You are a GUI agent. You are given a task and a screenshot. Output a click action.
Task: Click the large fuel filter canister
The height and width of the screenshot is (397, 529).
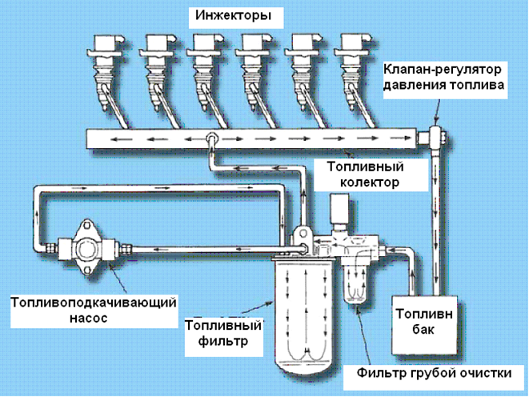click(305, 312)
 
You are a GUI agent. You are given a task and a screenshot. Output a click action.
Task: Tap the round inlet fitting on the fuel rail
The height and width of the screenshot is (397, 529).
click(212, 139)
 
